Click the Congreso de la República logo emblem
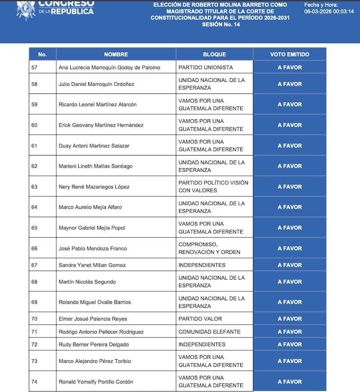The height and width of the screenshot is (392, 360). (x=26, y=9)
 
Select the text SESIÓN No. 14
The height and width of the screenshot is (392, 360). (x=220, y=25)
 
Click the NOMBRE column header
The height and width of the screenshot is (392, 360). (x=116, y=54)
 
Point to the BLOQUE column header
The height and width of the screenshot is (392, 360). (x=215, y=54)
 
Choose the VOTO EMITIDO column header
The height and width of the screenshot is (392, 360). (x=289, y=54)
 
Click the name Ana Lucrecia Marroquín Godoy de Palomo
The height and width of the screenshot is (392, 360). (x=110, y=67)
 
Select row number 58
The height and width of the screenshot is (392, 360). (x=35, y=84)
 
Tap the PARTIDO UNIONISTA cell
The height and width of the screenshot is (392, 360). (x=206, y=67)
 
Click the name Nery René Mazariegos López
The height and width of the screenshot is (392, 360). (x=94, y=187)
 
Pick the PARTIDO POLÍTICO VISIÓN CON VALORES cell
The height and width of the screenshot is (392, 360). (x=213, y=187)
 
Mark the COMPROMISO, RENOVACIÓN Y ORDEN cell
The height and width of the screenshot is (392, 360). (x=209, y=248)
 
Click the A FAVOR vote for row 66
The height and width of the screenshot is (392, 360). (x=289, y=248)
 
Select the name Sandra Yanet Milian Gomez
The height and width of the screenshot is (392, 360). (x=92, y=265)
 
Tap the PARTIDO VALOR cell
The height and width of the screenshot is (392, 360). (x=200, y=319)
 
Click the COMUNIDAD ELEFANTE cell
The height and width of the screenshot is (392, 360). (x=209, y=332)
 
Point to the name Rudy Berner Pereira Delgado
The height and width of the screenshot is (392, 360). (x=94, y=344)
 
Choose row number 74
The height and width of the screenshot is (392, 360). (x=35, y=382)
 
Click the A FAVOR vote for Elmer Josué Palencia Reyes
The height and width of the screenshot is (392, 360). (x=289, y=319)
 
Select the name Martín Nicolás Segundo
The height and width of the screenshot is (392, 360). (x=87, y=282)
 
